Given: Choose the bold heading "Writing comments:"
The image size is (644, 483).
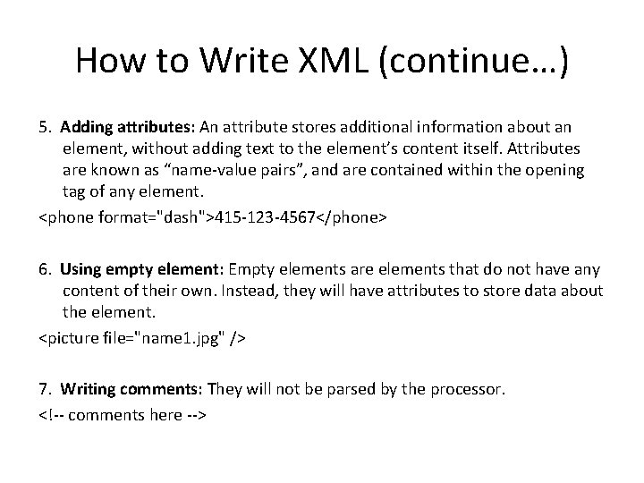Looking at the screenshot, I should [x=132, y=390].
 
